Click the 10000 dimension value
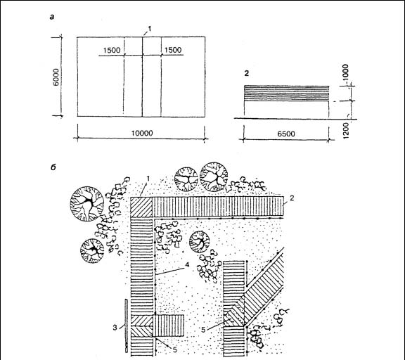pos(142,133)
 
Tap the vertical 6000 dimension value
pos(57,77)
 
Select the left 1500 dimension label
pos(112,50)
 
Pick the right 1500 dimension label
pos(173,50)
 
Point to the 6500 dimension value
pos(286,134)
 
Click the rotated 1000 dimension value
pos(345,73)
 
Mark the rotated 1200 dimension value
pos(346,130)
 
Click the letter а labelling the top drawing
pos(52,18)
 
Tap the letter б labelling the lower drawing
pos(53,167)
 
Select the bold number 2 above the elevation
pos(247,73)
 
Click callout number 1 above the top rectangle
pos(149,28)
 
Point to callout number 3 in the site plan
pos(115,328)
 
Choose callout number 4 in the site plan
pos(187,264)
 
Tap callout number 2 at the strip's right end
pos(292,198)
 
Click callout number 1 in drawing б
pos(148,178)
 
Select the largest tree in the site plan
pos(87,204)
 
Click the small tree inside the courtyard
pos(200,242)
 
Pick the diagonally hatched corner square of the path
pos(141,207)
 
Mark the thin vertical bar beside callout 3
pos(126,326)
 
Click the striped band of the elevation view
pos(287,94)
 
